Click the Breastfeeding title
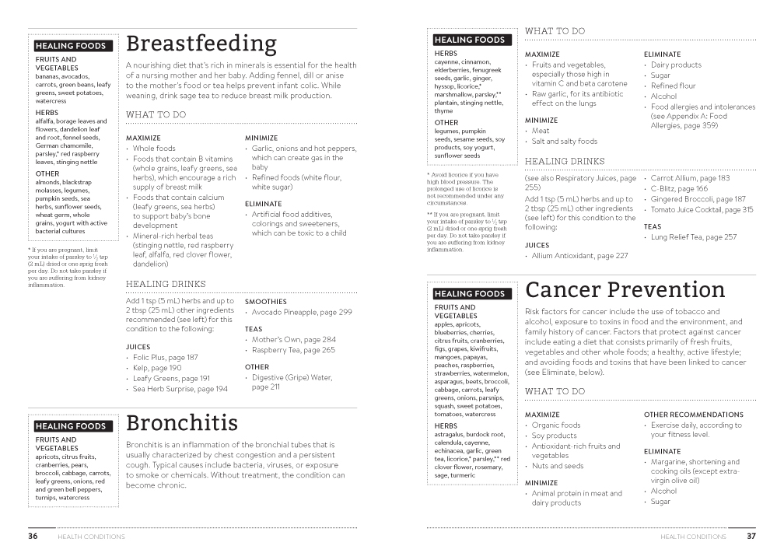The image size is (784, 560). pyautogui.click(x=201, y=43)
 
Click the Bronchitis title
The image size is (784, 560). pyautogui.click(x=182, y=423)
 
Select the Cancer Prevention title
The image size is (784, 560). pyautogui.click(x=625, y=290)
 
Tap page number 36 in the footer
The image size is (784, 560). pyautogui.click(x=33, y=536)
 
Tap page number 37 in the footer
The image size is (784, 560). pyautogui.click(x=751, y=536)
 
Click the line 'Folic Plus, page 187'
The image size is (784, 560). pyautogui.click(x=165, y=358)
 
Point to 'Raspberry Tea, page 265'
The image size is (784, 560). pyautogui.click(x=293, y=350)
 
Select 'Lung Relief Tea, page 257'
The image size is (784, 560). pyautogui.click(x=694, y=237)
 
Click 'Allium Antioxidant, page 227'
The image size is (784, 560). pyautogui.click(x=579, y=256)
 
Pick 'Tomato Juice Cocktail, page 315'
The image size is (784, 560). pyautogui.click(x=702, y=209)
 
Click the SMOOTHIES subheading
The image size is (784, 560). pyautogui.click(x=265, y=301)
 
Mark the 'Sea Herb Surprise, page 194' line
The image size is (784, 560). pyautogui.click(x=180, y=388)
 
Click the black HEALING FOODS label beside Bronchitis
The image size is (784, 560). pyautogui.click(x=70, y=426)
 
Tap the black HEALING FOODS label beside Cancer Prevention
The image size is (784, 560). pyautogui.click(x=469, y=294)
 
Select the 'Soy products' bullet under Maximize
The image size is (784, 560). pyautogui.click(x=554, y=436)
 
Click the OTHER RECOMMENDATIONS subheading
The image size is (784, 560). pyautogui.click(x=693, y=415)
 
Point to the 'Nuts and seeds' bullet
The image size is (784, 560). pyautogui.click(x=557, y=466)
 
